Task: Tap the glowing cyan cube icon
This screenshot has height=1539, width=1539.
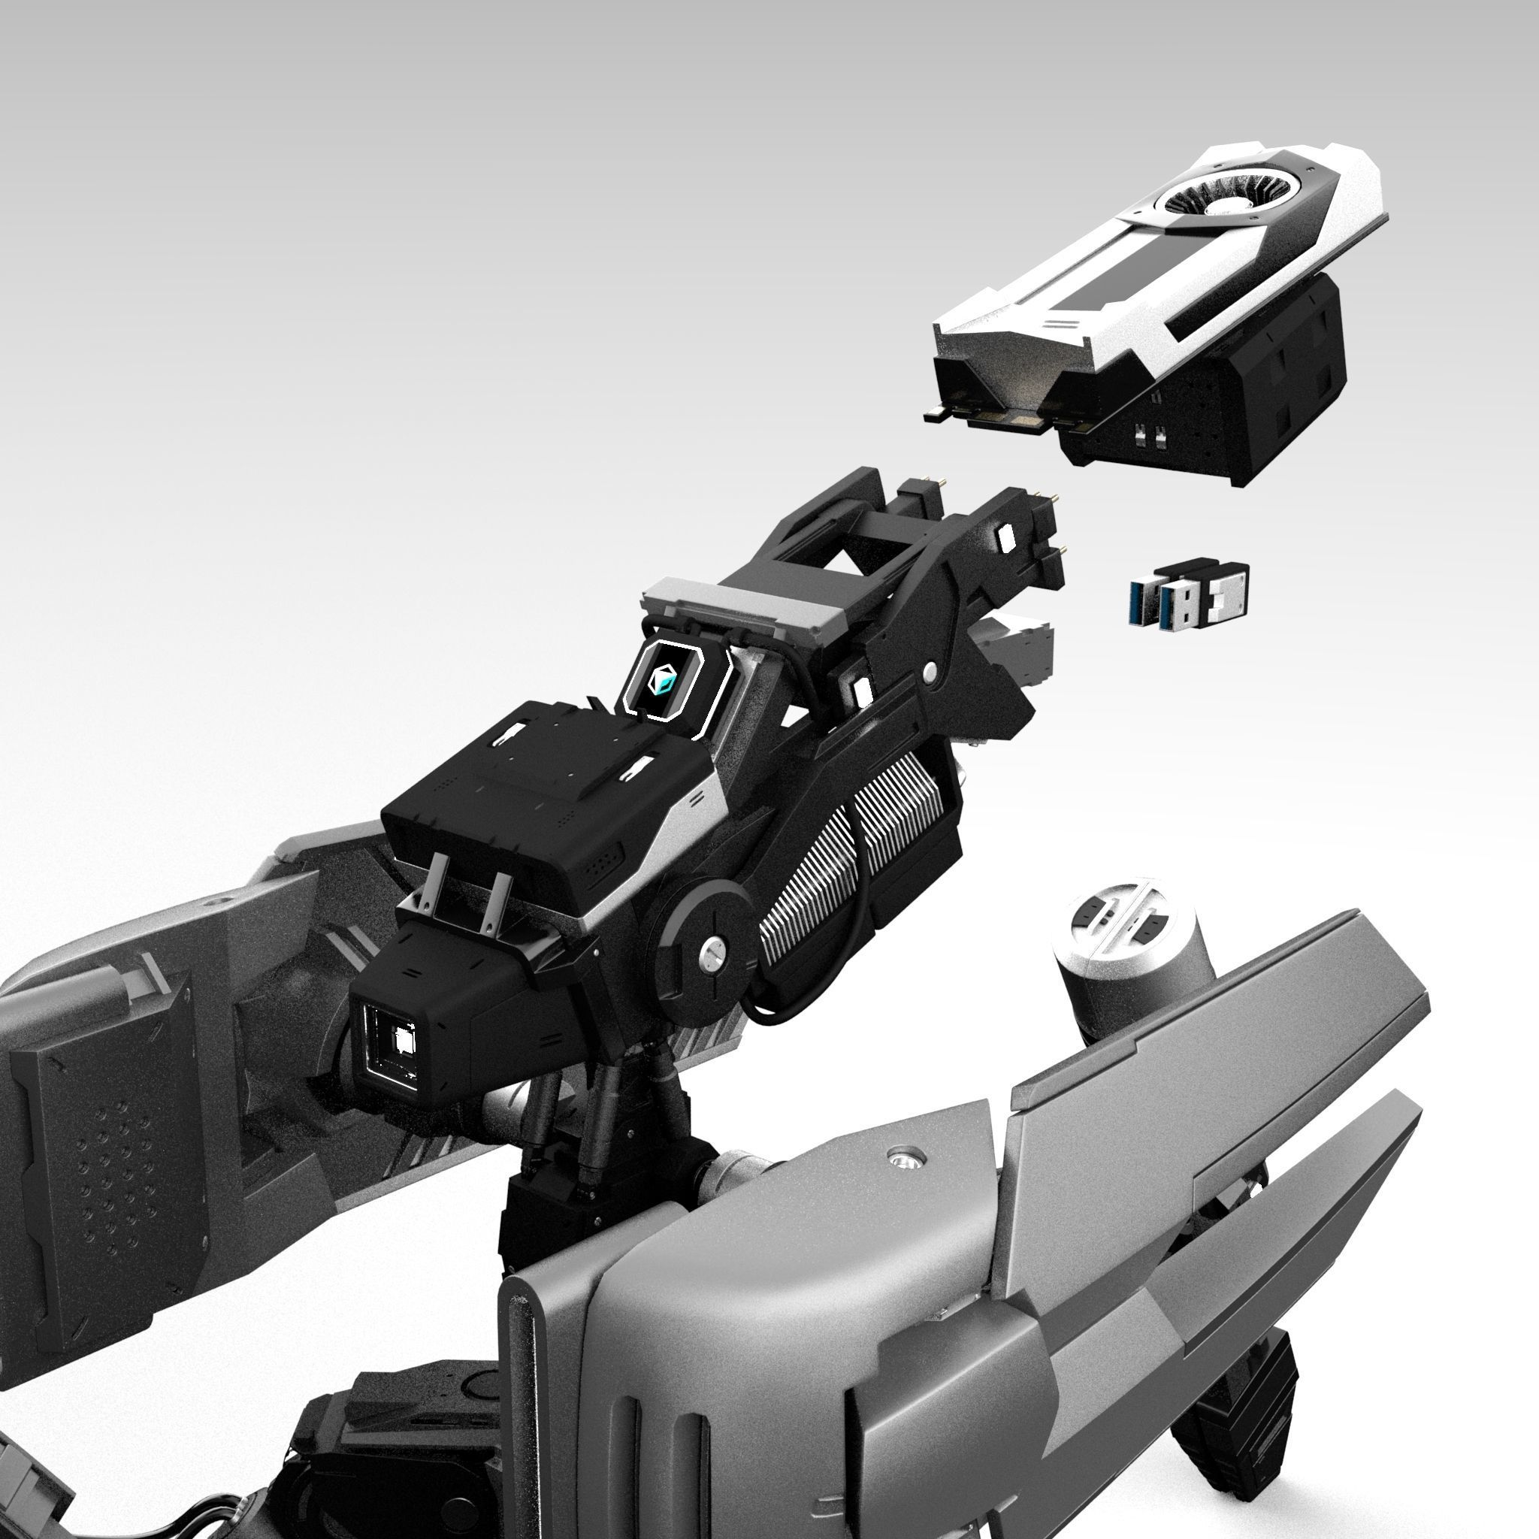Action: (x=663, y=680)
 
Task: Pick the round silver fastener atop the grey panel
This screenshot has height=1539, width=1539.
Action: (x=903, y=1154)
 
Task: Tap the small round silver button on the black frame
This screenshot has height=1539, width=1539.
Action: (x=929, y=674)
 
